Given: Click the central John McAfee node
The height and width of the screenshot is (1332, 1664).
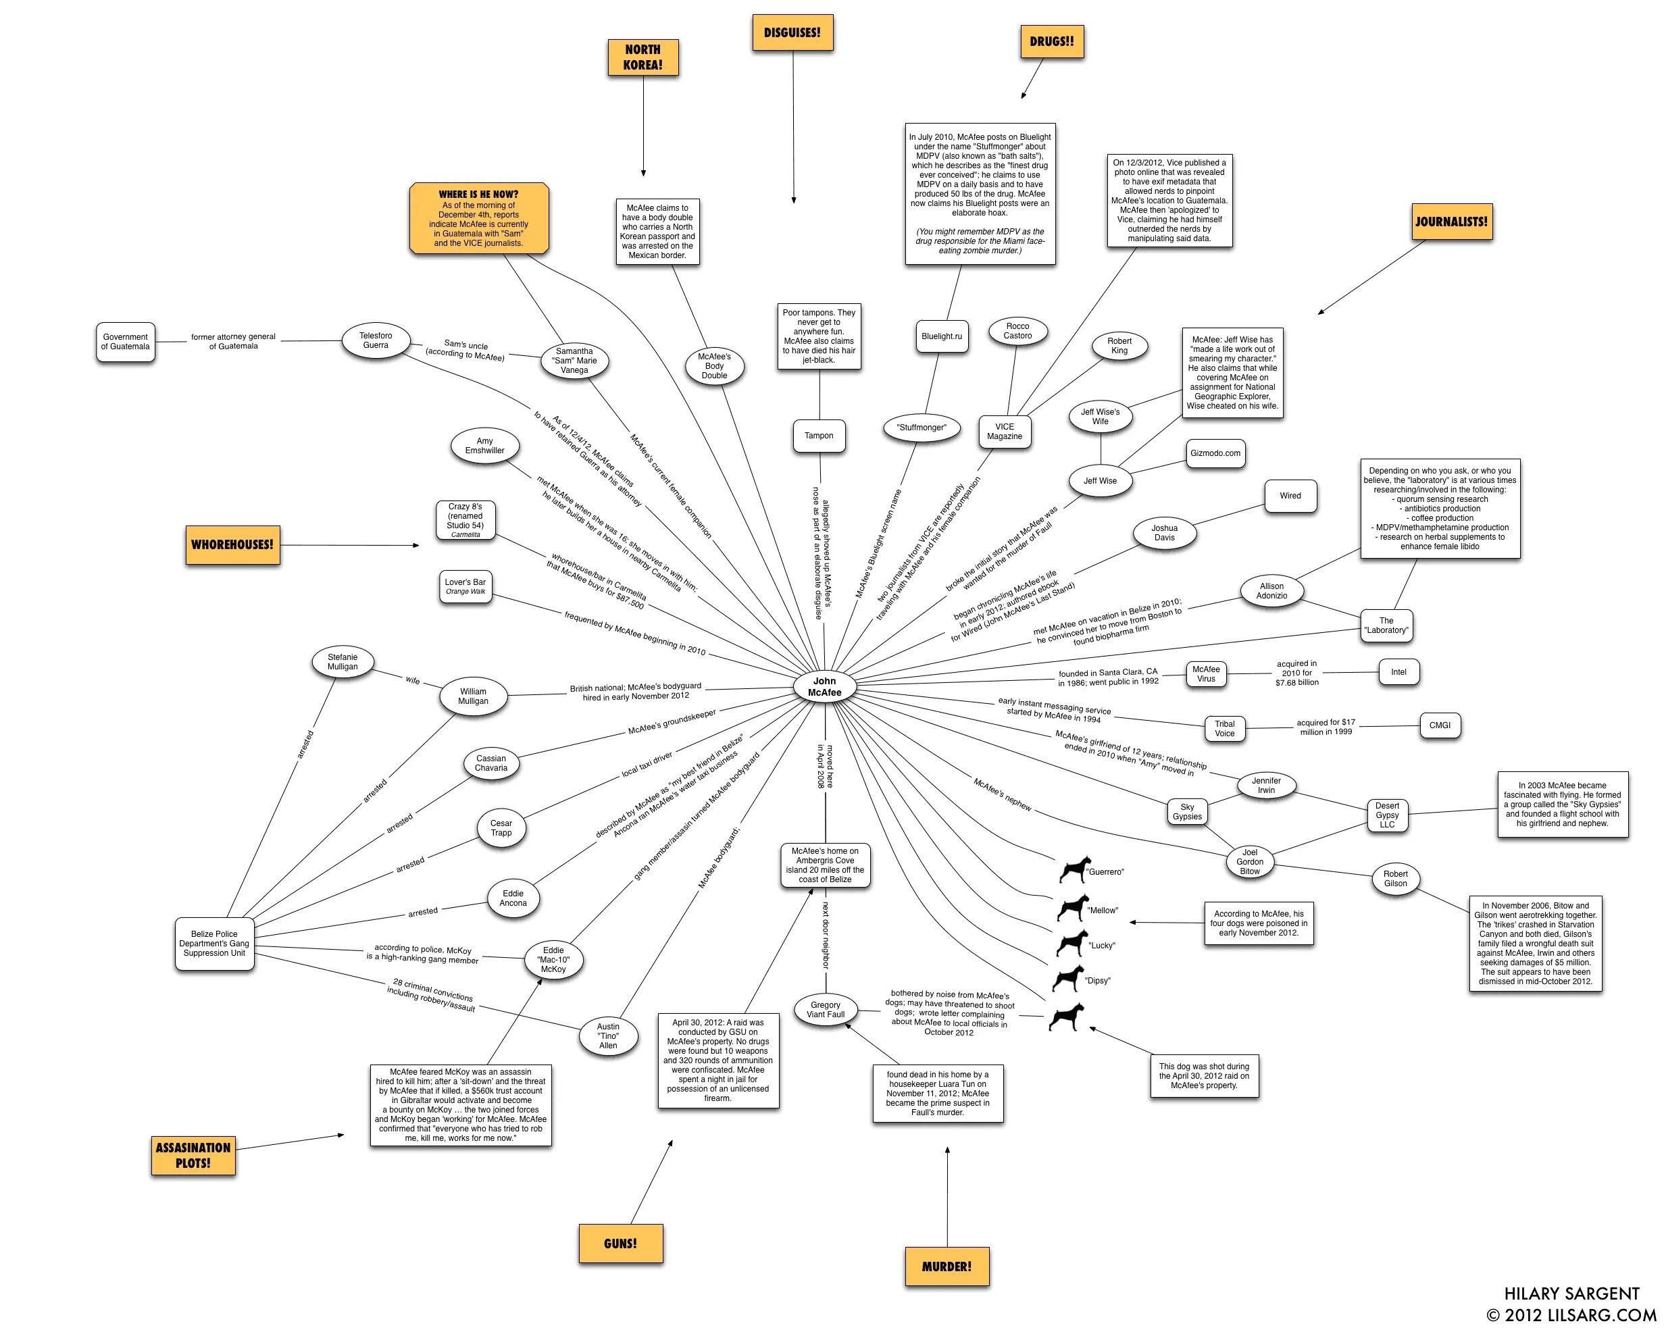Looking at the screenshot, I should coord(824,686).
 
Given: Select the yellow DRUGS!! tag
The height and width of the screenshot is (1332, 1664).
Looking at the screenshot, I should coord(1051,41).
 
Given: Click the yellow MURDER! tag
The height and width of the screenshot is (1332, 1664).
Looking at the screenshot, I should coord(947,1266).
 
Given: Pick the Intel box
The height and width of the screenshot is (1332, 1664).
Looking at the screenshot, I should coord(1398,671).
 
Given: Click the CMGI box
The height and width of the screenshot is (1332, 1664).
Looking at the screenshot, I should coord(1440,725).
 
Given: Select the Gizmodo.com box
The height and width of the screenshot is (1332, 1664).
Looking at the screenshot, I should coord(1215,453).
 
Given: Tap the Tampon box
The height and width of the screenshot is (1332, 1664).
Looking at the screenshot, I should coord(818,435).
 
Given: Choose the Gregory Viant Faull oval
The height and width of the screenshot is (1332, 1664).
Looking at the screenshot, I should coord(825,1009).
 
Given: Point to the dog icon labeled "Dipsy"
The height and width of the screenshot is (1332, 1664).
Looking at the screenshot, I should coord(1068,979).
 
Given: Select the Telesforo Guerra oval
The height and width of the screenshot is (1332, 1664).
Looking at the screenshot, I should coord(375,340).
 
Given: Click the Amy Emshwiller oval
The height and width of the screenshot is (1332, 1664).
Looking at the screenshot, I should coord(484,445).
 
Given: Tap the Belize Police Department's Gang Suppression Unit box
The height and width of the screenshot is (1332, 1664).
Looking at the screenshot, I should coord(213,943).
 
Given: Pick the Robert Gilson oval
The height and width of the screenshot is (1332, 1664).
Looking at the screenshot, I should coord(1394,878).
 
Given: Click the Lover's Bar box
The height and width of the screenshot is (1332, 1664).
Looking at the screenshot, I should coord(465,586).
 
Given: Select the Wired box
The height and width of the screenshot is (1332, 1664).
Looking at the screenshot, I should coord(1290,496).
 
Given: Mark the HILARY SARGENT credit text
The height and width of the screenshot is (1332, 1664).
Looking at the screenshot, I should coord(1571,1293).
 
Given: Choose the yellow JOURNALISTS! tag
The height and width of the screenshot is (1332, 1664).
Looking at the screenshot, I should coord(1451,222).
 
